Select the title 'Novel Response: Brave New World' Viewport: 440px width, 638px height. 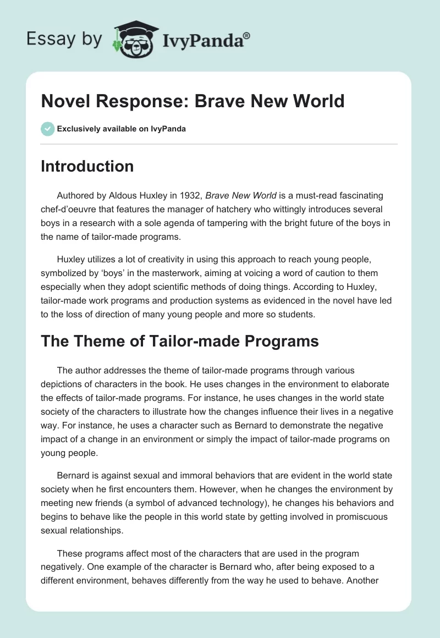(193, 101)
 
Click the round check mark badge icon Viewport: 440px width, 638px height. (47, 129)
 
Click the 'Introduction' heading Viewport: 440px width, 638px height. (87, 166)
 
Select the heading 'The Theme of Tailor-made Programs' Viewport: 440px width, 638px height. (180, 341)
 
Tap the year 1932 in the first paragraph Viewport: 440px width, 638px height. (188, 195)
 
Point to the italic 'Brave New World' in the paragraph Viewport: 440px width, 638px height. (241, 195)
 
